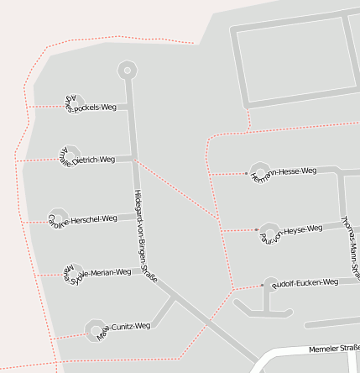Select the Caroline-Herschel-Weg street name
click(84, 220)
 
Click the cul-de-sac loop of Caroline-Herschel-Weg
click(58, 217)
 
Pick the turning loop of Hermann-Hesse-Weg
click(258, 171)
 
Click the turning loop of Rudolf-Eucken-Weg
click(270, 286)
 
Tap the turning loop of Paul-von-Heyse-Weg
click(268, 229)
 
